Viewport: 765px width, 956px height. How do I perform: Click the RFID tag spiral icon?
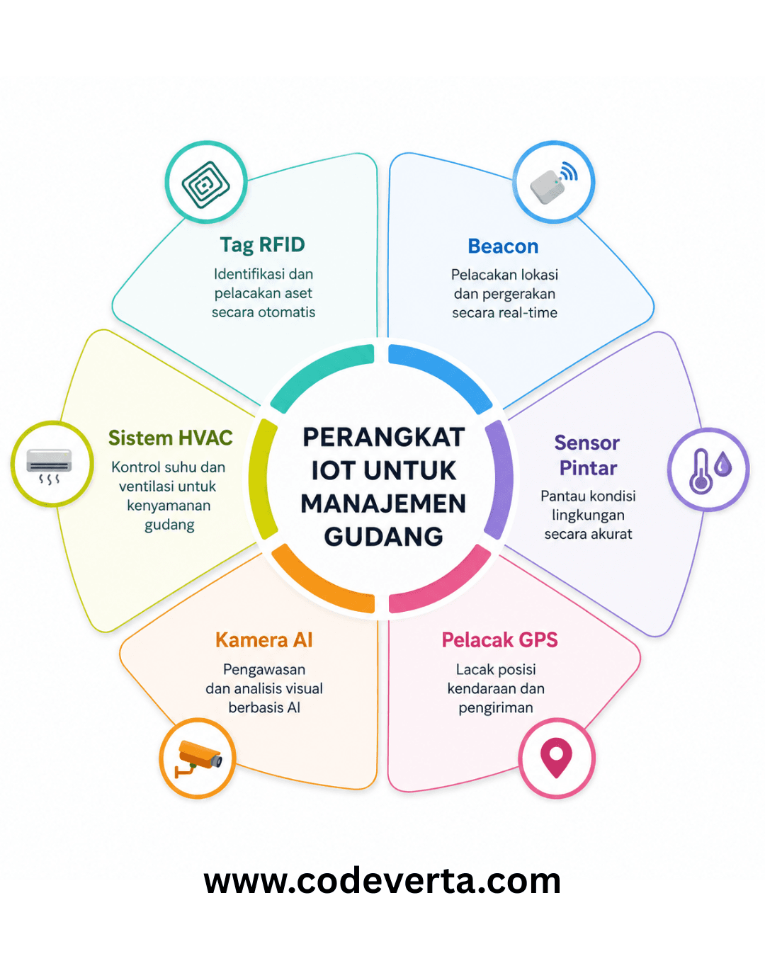(x=205, y=184)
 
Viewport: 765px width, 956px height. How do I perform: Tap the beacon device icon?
(x=553, y=183)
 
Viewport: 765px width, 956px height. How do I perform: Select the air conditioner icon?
(x=49, y=465)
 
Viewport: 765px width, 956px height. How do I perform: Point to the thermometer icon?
(x=701, y=471)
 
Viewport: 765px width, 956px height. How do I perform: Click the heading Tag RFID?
(x=262, y=245)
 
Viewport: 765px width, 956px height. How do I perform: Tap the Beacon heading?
(x=503, y=246)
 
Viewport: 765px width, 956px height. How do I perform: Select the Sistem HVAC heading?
(x=171, y=438)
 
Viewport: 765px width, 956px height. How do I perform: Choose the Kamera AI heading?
(x=264, y=640)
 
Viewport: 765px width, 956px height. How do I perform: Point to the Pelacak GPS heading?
(x=499, y=640)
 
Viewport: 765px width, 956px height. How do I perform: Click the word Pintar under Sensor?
(x=588, y=468)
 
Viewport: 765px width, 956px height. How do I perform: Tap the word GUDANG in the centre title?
(x=383, y=537)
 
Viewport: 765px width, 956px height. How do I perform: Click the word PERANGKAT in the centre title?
(x=384, y=437)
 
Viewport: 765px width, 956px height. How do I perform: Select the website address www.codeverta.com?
(x=382, y=882)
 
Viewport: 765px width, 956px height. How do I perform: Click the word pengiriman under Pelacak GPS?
(x=496, y=708)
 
